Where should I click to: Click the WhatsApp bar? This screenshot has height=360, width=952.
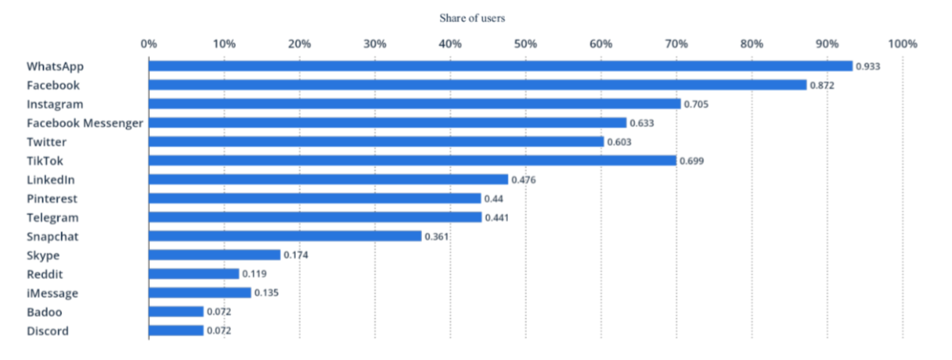[x=500, y=66]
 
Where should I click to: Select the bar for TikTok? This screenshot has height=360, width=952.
[x=413, y=160]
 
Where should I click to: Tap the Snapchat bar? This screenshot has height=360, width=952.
[x=285, y=236]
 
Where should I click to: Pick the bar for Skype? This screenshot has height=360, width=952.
[x=214, y=255]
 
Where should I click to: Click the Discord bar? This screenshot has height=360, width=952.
[x=176, y=331]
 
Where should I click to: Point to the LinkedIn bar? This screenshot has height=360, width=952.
[x=328, y=179]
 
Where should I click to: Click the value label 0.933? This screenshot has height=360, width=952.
[x=868, y=67]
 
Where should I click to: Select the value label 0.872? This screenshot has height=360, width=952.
[x=822, y=85]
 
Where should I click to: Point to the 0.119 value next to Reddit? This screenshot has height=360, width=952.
[x=255, y=274]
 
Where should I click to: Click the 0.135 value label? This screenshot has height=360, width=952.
[x=267, y=293]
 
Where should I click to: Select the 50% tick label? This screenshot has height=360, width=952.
[x=525, y=44]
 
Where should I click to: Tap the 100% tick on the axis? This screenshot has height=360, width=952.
[x=902, y=44]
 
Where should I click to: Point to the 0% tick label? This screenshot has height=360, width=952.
[x=148, y=44]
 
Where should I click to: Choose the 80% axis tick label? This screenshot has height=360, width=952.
[x=751, y=44]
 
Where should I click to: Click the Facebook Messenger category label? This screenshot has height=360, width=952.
[x=85, y=123]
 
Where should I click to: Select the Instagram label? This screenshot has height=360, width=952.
[x=55, y=104]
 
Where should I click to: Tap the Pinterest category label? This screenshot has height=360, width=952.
[x=52, y=198]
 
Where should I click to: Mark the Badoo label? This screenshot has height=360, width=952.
[x=44, y=312]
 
